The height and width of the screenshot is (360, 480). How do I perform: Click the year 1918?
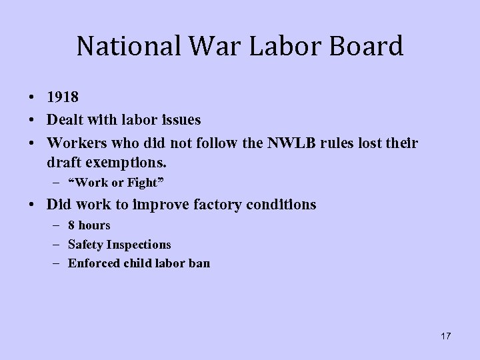coord(63,98)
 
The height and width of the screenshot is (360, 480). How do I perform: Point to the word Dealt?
coord(66,120)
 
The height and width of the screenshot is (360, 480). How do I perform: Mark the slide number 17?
coord(445,336)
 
